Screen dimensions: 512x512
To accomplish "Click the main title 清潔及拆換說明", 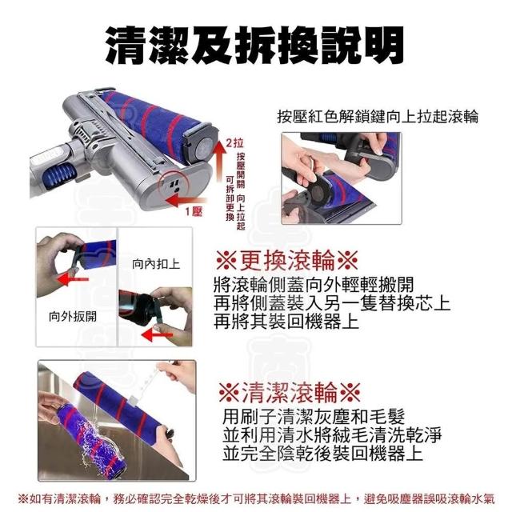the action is coord(255,45).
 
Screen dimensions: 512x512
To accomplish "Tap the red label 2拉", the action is coord(234,143).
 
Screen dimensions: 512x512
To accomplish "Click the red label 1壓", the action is coord(194,212).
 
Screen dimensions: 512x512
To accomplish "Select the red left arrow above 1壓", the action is coord(186,201).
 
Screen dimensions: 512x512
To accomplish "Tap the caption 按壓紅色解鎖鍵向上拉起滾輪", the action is coord(378,117).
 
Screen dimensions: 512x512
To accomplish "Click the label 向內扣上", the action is coord(156,264).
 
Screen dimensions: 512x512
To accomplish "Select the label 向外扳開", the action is coord(73,316).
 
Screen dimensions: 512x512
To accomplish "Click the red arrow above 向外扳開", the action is coord(73,279).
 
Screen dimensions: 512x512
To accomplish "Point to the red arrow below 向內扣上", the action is coord(158,335).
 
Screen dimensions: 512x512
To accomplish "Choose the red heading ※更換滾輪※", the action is coord(287,261).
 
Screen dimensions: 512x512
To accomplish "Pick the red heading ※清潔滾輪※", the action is coord(290,393).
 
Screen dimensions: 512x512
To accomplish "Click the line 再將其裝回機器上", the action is coord(286,322).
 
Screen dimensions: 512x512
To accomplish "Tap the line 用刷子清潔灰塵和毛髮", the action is coord(314,416).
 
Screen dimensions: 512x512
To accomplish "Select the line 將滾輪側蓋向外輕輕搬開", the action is coord(314,285).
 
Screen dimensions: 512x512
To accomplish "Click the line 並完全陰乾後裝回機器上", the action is coord(322,453).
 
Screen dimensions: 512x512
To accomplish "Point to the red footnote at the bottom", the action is coord(256,498).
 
